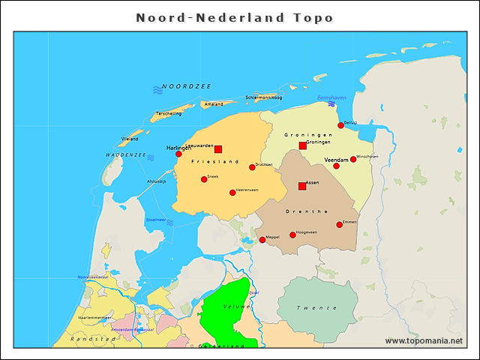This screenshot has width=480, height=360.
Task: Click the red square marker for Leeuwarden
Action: point(218,149)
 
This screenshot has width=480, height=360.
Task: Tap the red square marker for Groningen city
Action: point(303,145)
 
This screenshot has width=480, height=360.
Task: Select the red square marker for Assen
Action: point(302,186)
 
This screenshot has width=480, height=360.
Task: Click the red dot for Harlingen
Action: point(178,154)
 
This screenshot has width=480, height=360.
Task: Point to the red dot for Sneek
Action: point(203,179)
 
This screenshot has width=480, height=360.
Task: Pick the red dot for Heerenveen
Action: point(232,193)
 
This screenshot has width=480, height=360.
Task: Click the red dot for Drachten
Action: point(252,167)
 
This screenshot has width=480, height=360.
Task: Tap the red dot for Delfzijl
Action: point(340,125)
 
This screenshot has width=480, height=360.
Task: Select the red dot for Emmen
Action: point(339,224)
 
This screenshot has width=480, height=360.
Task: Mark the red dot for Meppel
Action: point(262,240)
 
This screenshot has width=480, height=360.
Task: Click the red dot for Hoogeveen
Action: point(292,235)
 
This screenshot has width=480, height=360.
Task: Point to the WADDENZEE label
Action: point(125,154)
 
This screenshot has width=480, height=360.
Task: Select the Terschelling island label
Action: point(167,113)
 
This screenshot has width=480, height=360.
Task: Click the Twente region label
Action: point(316,307)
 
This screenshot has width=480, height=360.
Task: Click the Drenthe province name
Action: point(307,211)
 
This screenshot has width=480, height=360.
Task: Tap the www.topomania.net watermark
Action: point(424,340)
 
